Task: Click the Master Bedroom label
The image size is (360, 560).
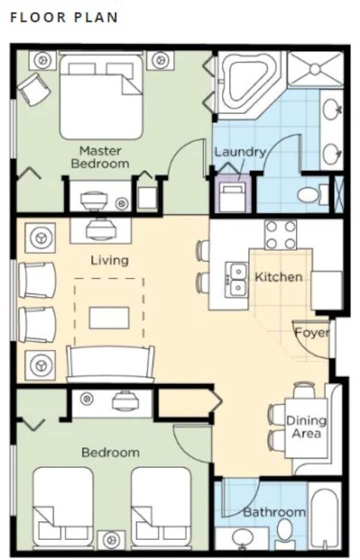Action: (x=100, y=157)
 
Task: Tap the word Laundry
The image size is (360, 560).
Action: (x=240, y=152)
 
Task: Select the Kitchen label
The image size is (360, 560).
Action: (x=278, y=277)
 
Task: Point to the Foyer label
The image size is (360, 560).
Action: (x=312, y=333)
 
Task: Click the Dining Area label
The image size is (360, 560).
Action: (x=306, y=427)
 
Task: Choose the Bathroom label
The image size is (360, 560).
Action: (x=274, y=512)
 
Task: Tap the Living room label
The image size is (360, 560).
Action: (x=109, y=260)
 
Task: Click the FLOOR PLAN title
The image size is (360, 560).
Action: (x=64, y=17)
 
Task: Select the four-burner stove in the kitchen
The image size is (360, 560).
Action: (x=280, y=234)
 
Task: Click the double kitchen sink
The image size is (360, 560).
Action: (x=237, y=280)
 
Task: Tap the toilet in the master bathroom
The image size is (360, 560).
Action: (x=313, y=195)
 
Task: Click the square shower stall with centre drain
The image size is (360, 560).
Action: (x=315, y=69)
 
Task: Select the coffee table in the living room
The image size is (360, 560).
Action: (x=109, y=317)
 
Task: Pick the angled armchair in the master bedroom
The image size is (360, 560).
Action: (x=34, y=89)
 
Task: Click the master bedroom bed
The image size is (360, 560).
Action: (x=101, y=96)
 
